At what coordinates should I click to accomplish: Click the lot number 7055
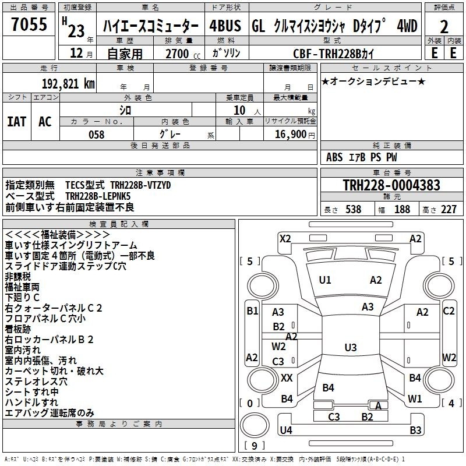pyautogui.click(x=29, y=24)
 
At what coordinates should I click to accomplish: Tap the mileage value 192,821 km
pyautogui.click(x=68, y=84)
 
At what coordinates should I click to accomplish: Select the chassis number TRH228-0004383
pyautogui.click(x=391, y=185)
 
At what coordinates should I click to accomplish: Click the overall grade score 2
pyautogui.click(x=444, y=27)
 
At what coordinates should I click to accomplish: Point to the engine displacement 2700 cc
pyautogui.click(x=183, y=54)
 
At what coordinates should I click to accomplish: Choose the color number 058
pyautogui.click(x=97, y=135)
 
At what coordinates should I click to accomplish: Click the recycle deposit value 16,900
pyautogui.click(x=290, y=135)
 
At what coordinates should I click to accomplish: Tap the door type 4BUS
pyautogui.click(x=225, y=26)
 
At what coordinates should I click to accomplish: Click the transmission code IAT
pyautogui.click(x=17, y=122)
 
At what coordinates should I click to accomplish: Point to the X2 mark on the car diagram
pyautogui.click(x=285, y=239)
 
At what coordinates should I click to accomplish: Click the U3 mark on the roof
pyautogui.click(x=351, y=347)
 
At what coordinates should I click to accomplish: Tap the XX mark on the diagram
pyautogui.click(x=287, y=378)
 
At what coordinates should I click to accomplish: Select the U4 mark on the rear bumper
pyautogui.click(x=286, y=430)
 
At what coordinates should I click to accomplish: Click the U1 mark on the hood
pyautogui.click(x=324, y=280)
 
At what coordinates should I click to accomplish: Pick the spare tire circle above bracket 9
pyautogui.click(x=255, y=425)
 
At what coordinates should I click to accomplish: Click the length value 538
pyautogui.click(x=354, y=209)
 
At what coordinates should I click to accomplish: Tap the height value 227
pyautogui.click(x=449, y=209)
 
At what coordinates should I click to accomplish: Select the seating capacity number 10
pyautogui.click(x=239, y=111)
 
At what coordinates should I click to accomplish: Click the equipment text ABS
pyautogui.click(x=334, y=157)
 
